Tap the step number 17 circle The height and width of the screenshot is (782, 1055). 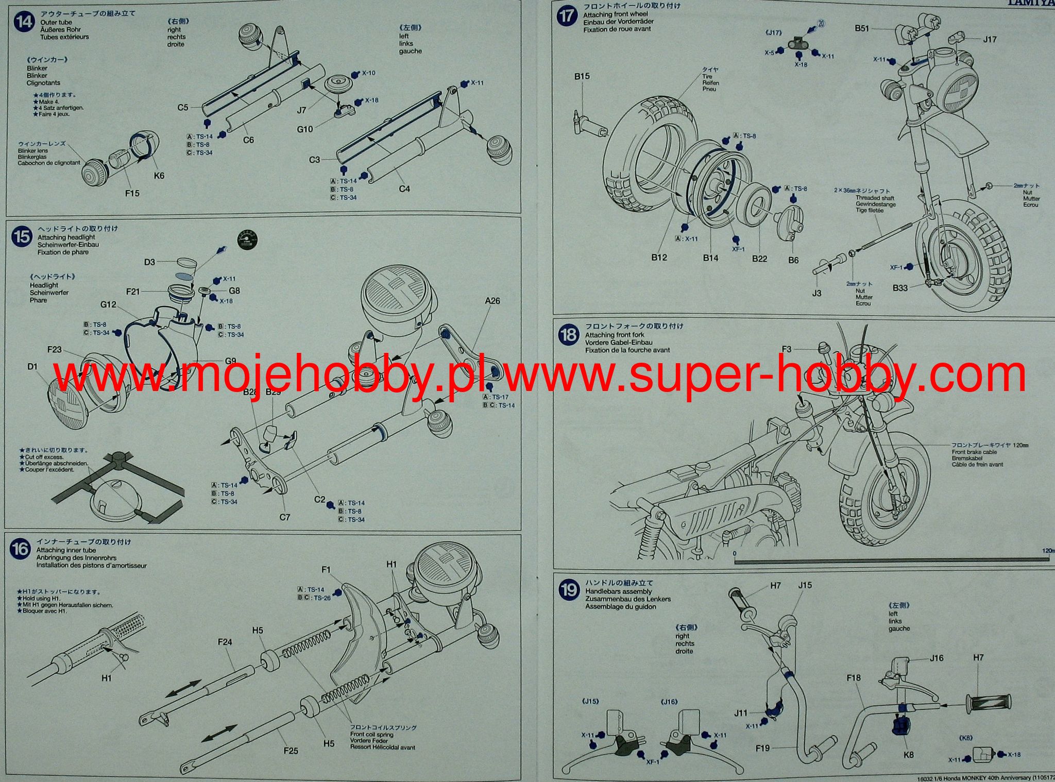pos(568,15)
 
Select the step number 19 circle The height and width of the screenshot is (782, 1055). pos(569,589)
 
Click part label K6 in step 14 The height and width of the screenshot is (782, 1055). pos(159,176)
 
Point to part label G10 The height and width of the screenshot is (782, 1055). pos(305,129)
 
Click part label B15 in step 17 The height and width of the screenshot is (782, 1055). pos(582,76)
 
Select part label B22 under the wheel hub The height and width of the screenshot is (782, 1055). pos(759,259)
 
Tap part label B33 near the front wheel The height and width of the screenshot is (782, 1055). pos(900,288)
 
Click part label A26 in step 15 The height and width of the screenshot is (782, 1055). pos(492,301)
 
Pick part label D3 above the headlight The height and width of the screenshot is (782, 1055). pos(149,262)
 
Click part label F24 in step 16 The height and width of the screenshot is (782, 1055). pos(225,642)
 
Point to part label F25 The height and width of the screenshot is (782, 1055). pos(291,751)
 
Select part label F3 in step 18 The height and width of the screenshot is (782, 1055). pos(786,349)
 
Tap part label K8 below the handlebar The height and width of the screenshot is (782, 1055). pos(909,755)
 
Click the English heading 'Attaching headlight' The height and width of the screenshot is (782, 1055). pos(66,237)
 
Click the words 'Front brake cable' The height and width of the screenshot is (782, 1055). pos(974,452)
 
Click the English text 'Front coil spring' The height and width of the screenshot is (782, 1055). pos(372,735)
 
